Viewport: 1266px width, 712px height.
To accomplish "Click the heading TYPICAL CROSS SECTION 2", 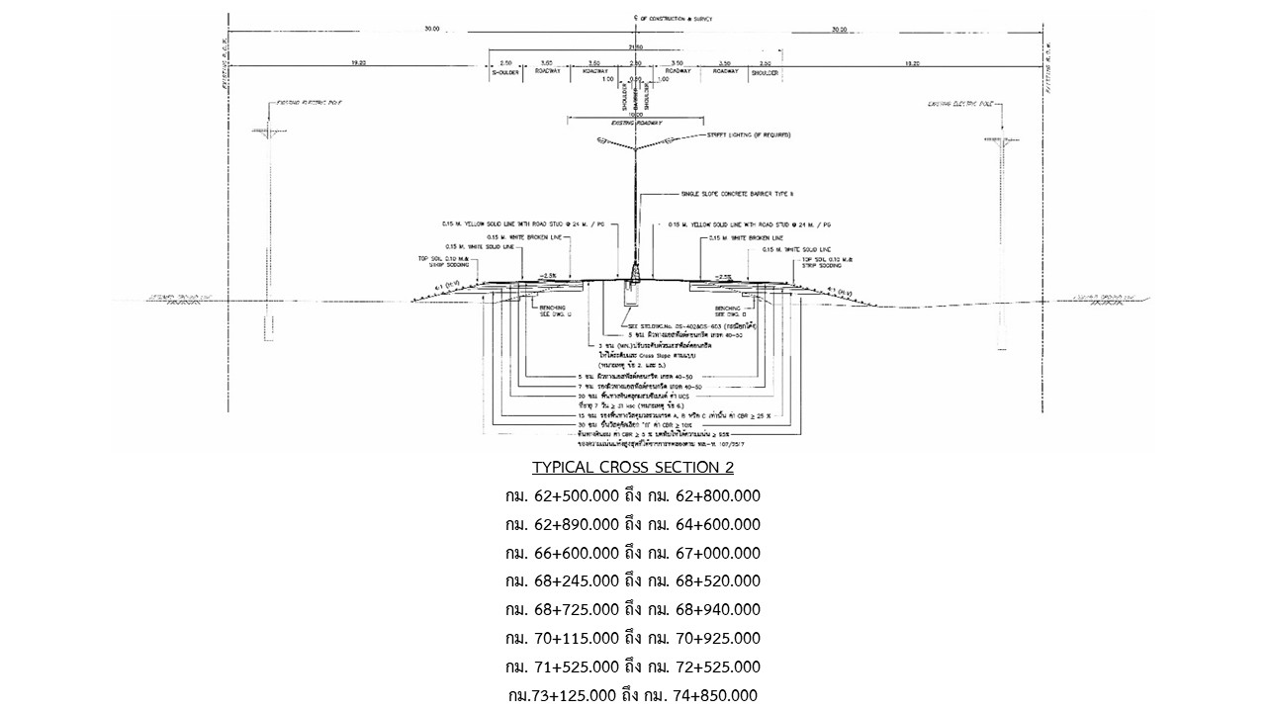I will coord(633,467).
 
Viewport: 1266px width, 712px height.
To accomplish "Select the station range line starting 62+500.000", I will coord(633,495).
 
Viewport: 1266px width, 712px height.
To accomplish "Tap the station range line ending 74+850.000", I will coord(633,695).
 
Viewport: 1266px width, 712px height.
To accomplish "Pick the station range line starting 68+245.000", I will coord(633,580).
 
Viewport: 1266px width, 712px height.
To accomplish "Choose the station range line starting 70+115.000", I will coord(633,638).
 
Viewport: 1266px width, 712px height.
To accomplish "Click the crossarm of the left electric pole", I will coord(265,131).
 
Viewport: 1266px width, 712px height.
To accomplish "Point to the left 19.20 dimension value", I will coord(358,62).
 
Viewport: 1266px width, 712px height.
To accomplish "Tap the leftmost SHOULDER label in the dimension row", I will coord(505,72).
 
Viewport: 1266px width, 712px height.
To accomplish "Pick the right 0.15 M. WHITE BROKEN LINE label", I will coord(741,238).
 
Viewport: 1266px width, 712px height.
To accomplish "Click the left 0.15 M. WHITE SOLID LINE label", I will coord(482,247).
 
